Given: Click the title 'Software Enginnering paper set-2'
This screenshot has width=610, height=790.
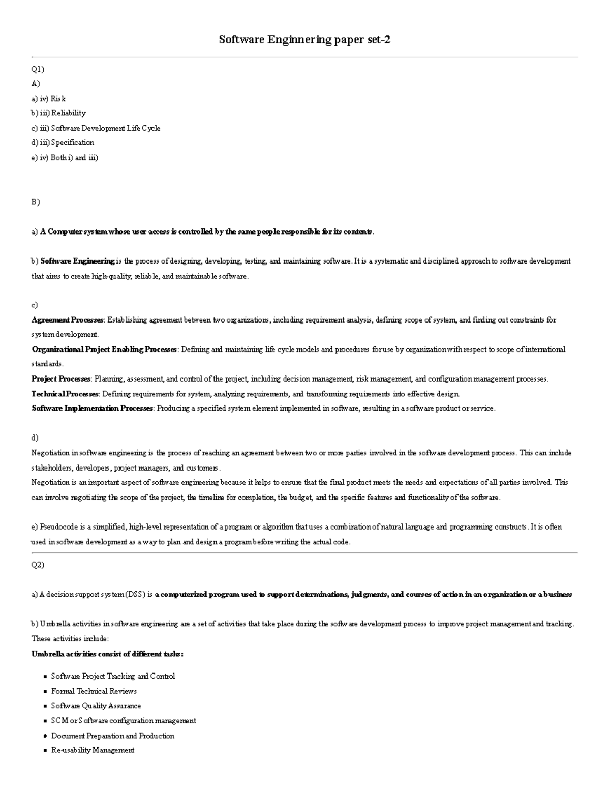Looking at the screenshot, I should pos(304,40).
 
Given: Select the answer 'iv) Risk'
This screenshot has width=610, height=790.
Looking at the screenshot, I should pos(53,98).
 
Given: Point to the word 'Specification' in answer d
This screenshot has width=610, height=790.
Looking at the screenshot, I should pos(72,142).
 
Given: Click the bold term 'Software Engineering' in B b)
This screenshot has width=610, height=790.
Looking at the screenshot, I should pos(77,261).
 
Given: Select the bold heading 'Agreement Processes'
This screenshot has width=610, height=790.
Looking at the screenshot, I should pos(68,320).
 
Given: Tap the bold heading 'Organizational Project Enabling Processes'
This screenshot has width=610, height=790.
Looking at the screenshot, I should pos(104,349).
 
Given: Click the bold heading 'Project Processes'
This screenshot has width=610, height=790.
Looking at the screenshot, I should pos(61,379).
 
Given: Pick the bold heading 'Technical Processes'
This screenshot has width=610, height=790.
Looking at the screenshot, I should pos(65,394).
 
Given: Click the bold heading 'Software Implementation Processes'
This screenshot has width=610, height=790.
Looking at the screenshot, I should pos(92,408).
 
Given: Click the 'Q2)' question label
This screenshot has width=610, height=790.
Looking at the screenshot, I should pos(38,565).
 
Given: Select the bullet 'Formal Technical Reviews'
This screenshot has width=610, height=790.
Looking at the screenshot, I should pos(94,691).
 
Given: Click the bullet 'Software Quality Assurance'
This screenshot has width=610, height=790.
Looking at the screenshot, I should pos(96,706).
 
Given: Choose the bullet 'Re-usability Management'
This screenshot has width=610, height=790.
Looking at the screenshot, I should pos(93,750).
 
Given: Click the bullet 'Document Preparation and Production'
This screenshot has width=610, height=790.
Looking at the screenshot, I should pos(112,736).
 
